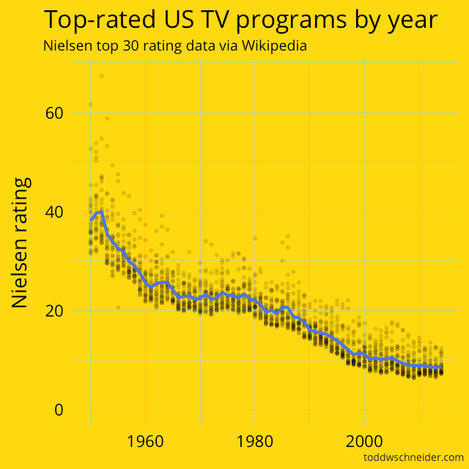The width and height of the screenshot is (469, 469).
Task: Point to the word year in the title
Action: coord(411,20)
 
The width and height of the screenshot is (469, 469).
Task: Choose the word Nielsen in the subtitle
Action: coord(67,45)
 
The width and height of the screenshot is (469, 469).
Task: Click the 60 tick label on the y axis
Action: coord(54,113)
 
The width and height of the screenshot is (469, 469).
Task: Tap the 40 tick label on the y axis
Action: coord(54,212)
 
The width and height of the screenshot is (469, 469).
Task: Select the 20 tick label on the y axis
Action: coord(54,311)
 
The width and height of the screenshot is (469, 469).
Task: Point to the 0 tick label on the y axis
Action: coord(59,409)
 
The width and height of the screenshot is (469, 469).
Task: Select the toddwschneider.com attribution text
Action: coord(413,458)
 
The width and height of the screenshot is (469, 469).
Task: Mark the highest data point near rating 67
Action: coord(102,76)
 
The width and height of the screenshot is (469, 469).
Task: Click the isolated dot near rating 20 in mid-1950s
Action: coord(117,307)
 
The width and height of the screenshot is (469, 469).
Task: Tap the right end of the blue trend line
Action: coord(441,366)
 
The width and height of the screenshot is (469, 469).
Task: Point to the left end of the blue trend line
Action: coord(91,220)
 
